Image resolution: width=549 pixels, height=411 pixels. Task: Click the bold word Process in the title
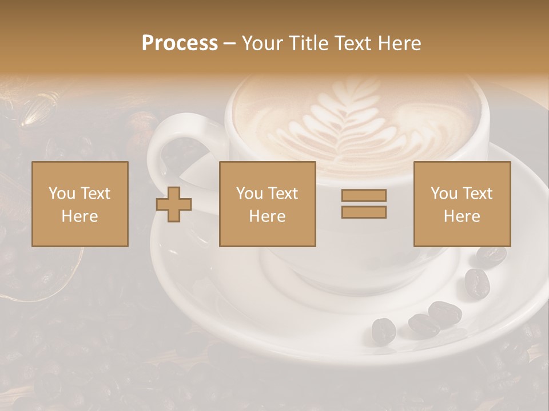[x=180, y=43]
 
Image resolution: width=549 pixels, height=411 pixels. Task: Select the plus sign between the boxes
[x=174, y=204]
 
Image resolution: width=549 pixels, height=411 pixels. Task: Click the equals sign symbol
[x=364, y=204]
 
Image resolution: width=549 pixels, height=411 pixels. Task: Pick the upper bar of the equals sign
[x=364, y=195]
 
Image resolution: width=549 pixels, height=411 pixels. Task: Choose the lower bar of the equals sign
[x=364, y=212]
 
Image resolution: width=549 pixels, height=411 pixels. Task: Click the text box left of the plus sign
[x=80, y=204]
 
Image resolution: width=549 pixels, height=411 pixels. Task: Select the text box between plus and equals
[x=267, y=204]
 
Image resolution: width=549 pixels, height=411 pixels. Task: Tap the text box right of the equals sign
[x=462, y=204]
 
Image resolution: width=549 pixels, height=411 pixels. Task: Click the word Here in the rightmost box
[x=462, y=216]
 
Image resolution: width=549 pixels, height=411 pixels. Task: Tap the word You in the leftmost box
[x=62, y=193]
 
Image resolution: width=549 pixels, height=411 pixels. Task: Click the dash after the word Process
[x=230, y=43]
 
